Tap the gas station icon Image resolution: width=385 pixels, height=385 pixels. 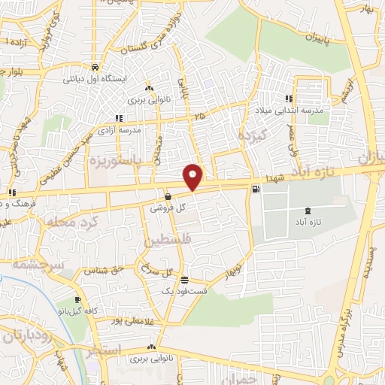pyautogui.click(x=258, y=189)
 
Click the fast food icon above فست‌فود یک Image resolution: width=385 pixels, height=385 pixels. pyautogui.click(x=174, y=280)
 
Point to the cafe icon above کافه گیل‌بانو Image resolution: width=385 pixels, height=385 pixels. pyautogui.click(x=77, y=300)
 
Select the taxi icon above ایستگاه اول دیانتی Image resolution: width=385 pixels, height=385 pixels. pyautogui.click(x=94, y=66)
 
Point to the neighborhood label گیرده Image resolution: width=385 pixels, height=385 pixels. pyautogui.click(x=248, y=136)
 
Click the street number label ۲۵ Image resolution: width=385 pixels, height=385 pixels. pyautogui.click(x=199, y=117)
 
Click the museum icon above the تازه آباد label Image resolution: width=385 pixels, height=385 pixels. pyautogui.click(x=306, y=190)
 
